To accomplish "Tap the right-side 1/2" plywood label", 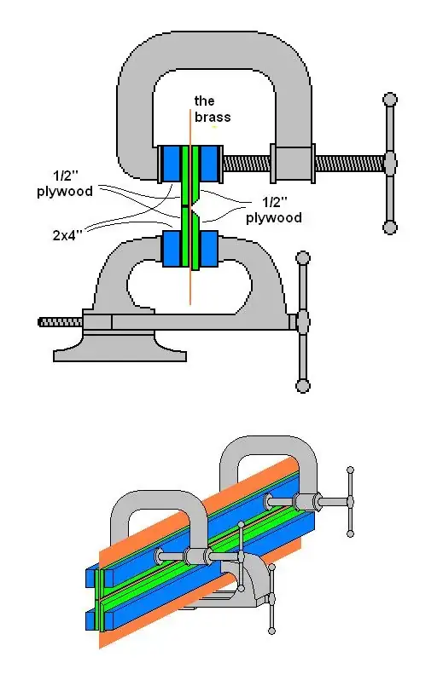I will pos(273,210).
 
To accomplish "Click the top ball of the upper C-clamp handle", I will pos(390,100).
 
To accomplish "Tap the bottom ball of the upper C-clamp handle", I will pos(390,227).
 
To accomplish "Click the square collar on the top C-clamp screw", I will pos(290,161).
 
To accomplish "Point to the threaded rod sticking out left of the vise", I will pos(60,321).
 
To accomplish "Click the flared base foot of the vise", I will pos(119,348).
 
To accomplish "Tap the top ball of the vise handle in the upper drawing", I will pos(302,257).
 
